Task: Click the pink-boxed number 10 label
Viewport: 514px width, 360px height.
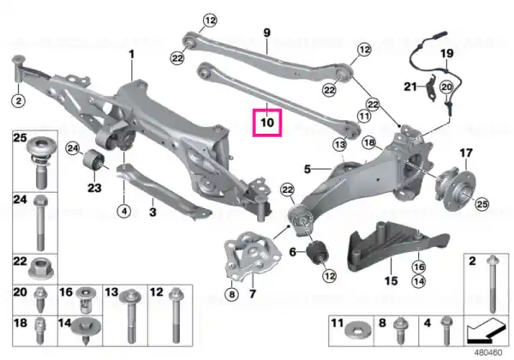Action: [266, 123]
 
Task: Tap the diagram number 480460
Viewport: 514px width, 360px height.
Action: [488, 353]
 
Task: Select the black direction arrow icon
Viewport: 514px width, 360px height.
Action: [486, 331]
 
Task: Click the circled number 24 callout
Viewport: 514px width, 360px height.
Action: [73, 149]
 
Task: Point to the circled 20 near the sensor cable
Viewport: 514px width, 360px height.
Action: [446, 87]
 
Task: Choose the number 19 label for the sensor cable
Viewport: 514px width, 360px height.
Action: [446, 53]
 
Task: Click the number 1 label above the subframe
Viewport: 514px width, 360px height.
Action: [132, 54]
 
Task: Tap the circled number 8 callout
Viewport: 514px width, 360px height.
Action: [232, 294]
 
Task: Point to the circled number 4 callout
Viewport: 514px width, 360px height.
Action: [124, 211]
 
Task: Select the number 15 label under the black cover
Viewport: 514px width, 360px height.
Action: [391, 281]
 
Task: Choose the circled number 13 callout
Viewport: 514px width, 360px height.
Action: [339, 144]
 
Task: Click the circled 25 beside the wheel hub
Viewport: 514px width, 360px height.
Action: [481, 204]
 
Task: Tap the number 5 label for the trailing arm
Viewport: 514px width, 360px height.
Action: [308, 169]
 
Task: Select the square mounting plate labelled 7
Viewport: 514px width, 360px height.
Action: [253, 255]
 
